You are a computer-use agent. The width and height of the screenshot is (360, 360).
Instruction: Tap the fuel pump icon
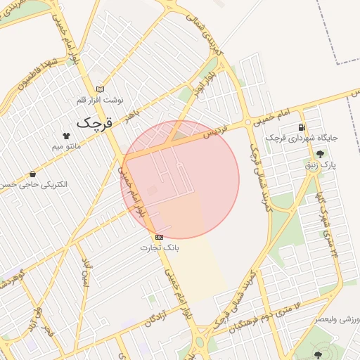(302, 127)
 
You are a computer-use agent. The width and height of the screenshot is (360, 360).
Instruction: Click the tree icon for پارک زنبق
(321, 154)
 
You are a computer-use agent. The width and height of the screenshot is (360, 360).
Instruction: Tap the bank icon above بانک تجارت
(160, 238)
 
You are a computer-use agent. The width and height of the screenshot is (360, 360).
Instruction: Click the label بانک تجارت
(160, 248)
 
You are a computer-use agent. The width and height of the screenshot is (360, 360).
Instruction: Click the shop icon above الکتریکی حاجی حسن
(32, 174)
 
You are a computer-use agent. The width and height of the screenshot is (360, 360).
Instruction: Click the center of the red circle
(180, 180)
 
